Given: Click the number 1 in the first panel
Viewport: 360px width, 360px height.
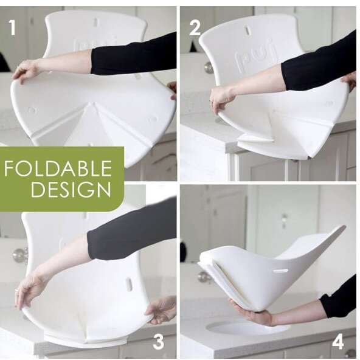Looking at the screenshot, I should tap(12, 27).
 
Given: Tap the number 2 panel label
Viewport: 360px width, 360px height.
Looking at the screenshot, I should tap(195, 27).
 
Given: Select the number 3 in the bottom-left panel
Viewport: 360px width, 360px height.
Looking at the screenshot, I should tap(158, 341).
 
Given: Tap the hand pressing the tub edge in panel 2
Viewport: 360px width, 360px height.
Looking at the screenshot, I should tap(221, 97).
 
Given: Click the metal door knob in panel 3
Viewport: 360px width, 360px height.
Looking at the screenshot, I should tap(20, 255).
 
